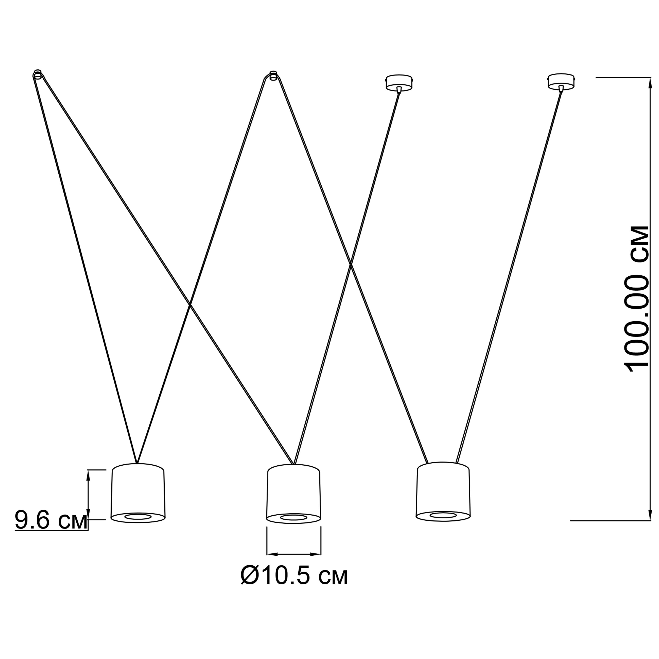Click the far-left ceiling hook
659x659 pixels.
[38, 75]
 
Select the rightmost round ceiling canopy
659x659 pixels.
[561, 81]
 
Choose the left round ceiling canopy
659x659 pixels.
[399, 82]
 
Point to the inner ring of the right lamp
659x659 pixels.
[443, 515]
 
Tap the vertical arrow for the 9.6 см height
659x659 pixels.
[88, 495]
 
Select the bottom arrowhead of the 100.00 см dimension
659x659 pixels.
[650, 515]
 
